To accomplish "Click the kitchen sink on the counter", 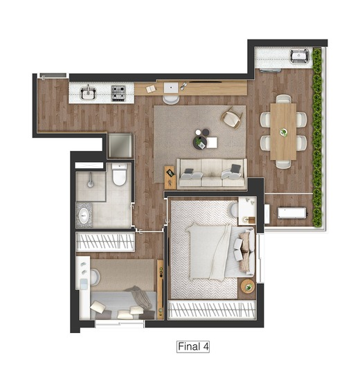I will (x=89, y=92).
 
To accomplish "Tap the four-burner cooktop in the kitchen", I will (x=120, y=91).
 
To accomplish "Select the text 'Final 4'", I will (x=194, y=345).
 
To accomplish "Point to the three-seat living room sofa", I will (x=211, y=173).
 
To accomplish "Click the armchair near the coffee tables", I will (x=231, y=119).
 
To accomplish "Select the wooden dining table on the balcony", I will (x=282, y=130).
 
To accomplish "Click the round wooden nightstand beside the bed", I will (x=247, y=286).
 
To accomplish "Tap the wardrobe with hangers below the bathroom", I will (x=105, y=242).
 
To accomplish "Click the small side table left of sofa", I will (x=170, y=175).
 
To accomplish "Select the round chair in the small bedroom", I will (x=94, y=278).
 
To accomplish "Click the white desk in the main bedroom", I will (x=247, y=208).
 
